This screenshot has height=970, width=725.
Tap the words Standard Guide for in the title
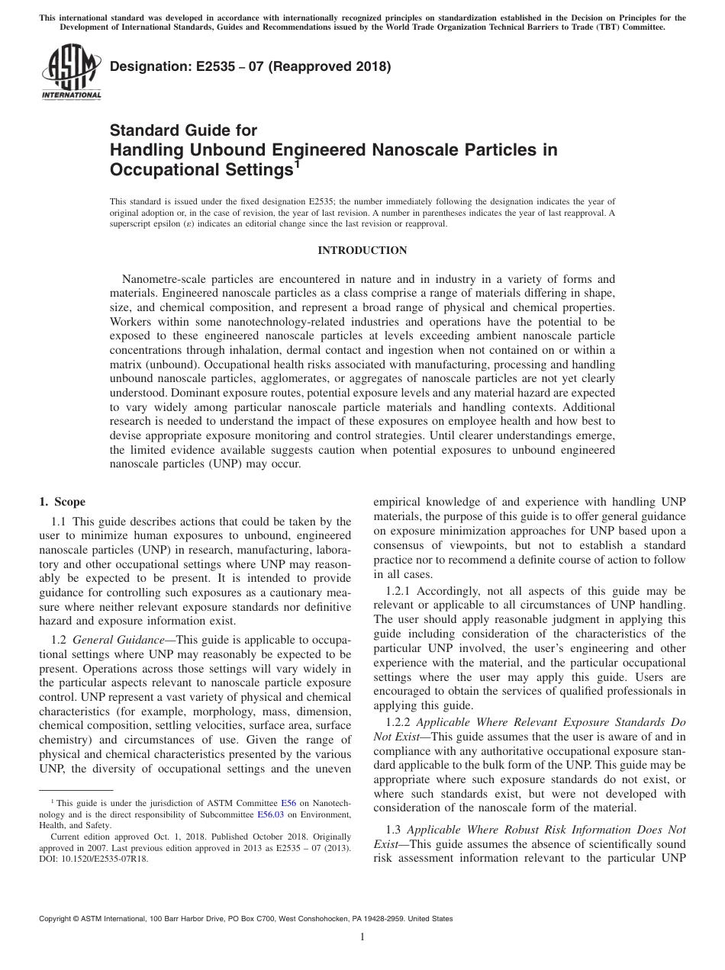coord(184,130)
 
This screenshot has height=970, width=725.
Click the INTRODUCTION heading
coord(362,250)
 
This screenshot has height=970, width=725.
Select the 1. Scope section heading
coord(62,502)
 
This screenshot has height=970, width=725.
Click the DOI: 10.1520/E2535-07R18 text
coord(94,858)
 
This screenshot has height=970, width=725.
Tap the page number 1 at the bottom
coord(362,937)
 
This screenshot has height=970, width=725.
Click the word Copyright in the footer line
coord(56,919)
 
